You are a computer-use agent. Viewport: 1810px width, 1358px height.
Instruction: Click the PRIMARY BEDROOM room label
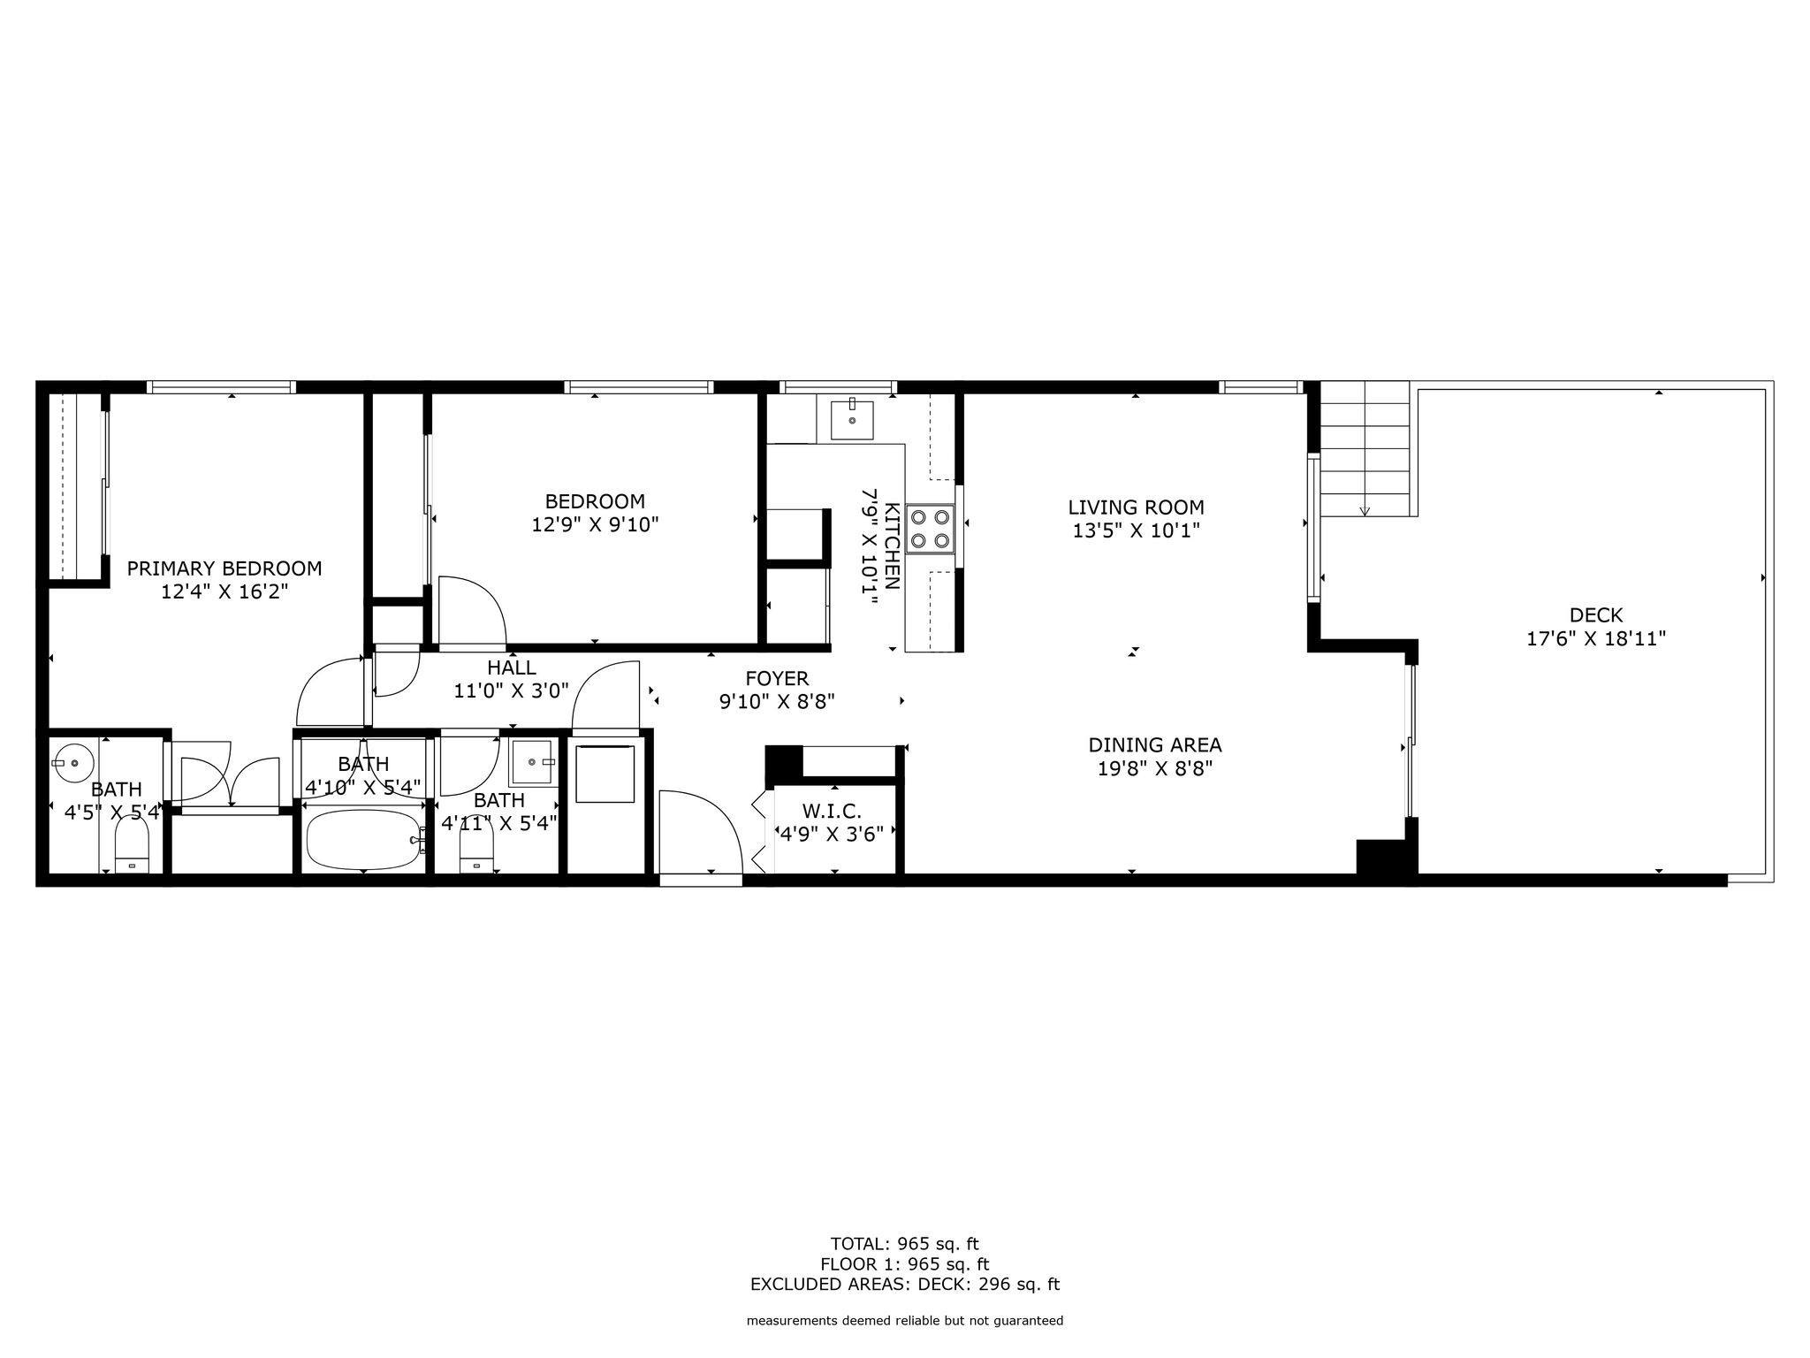224,568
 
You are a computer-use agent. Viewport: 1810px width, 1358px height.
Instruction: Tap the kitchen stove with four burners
931,528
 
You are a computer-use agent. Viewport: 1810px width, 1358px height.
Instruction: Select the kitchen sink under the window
852,420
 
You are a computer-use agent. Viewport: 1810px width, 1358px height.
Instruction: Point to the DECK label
1596,614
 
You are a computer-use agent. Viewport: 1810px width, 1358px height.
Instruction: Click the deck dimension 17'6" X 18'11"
1596,638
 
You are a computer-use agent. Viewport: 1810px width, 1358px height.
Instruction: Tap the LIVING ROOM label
1136,507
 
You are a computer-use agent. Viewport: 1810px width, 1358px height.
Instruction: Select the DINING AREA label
1154,744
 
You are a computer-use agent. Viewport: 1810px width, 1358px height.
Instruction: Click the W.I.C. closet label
831,811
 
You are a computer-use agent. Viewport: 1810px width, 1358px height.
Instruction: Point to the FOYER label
777,678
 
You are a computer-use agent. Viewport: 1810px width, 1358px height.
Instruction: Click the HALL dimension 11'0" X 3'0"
511,690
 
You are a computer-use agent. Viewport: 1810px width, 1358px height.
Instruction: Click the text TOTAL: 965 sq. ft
904,1244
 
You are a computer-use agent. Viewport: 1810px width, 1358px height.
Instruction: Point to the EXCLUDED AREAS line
904,1285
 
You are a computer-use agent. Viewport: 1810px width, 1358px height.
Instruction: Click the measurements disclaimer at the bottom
904,1321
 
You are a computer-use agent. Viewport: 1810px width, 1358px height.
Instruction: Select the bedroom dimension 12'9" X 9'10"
595,524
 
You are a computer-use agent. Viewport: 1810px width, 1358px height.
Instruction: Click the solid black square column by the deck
1387,858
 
